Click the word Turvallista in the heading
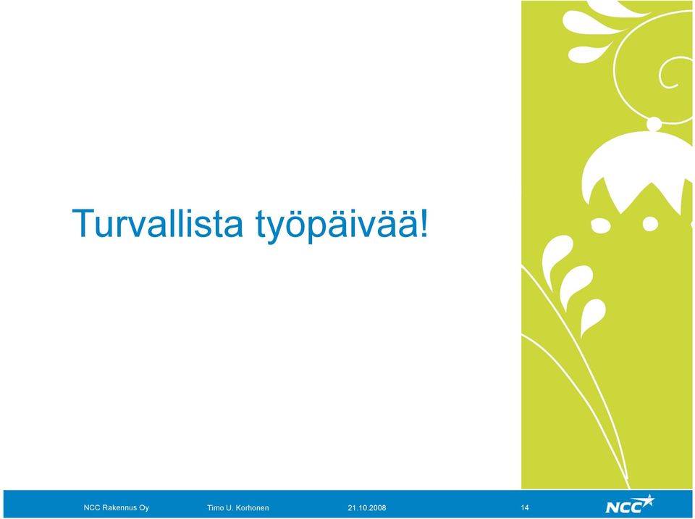click(x=158, y=223)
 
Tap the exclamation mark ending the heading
click(x=424, y=223)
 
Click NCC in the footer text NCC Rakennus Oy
click(x=91, y=507)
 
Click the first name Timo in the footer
click(x=215, y=507)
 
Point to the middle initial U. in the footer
click(x=229, y=507)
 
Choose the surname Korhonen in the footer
click(x=253, y=507)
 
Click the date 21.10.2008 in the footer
click(x=366, y=507)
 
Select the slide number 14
click(x=525, y=507)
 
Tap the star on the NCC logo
click(x=647, y=501)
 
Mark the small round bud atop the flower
click(x=654, y=123)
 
